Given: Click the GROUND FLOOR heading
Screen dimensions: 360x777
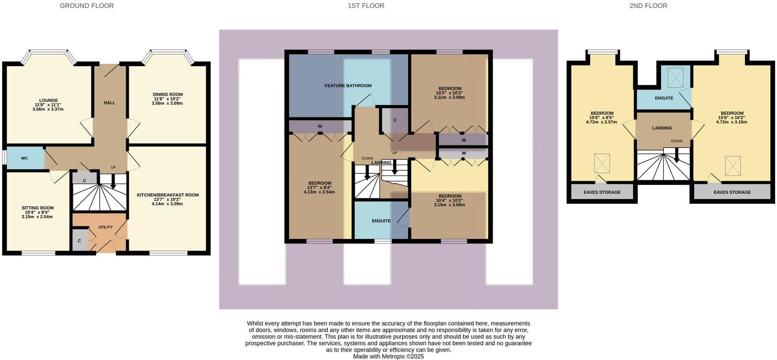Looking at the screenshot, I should click(86, 6).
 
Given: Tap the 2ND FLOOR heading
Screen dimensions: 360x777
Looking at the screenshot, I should click(648, 6).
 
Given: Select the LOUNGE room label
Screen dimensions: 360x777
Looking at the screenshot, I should click(48, 101).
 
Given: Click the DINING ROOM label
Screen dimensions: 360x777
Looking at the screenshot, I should click(168, 94).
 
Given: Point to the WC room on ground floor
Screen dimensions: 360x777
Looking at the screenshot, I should click(24, 158).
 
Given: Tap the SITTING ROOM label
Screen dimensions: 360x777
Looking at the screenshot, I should click(37, 208).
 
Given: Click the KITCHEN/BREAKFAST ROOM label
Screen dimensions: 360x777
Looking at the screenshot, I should click(168, 195).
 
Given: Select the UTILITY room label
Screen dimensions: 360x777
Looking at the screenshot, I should click(105, 227).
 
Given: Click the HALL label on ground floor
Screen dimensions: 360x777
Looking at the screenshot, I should click(109, 103).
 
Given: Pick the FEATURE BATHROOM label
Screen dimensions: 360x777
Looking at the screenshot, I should click(348, 86).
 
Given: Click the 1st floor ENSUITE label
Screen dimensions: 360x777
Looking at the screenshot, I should click(381, 221).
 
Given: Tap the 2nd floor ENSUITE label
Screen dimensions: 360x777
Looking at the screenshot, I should click(664, 98).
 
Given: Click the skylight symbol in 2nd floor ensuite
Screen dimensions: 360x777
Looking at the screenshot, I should click(675, 78).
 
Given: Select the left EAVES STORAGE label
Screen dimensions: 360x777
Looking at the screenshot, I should click(602, 192).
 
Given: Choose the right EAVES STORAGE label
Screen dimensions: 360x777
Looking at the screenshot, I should click(732, 192).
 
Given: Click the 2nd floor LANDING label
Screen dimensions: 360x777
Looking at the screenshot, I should click(662, 128).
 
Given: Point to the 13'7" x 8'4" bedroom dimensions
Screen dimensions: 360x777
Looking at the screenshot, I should click(320, 187).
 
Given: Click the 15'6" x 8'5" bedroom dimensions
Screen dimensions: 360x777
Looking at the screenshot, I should click(602, 118).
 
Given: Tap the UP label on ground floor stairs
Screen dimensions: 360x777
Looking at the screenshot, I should click(113, 167).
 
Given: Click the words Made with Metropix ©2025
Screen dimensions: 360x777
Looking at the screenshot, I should click(388, 356).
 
